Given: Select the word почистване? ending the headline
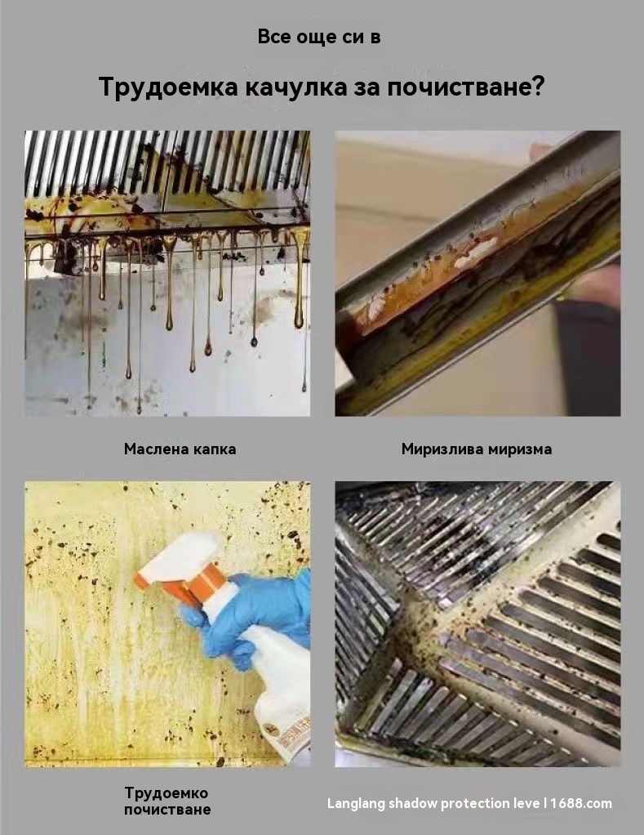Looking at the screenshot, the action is pos(466,87).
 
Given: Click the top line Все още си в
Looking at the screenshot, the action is pos(319,37).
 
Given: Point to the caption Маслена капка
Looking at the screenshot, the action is pos(180,449).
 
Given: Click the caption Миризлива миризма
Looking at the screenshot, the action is pos(477,449).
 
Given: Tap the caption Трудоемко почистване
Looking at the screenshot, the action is pos(167,801).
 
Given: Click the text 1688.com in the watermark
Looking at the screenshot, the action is pos(581,803).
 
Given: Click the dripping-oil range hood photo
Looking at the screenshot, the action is pos(167,273).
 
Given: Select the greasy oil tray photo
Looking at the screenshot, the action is pos(477,273).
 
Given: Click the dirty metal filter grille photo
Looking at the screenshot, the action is pos(477,624).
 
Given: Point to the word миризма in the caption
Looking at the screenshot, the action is pos(520,449).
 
